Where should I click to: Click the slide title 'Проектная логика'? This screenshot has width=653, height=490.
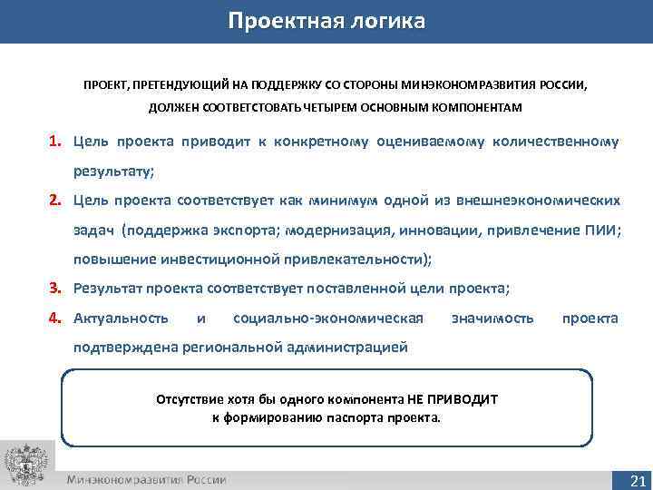326,21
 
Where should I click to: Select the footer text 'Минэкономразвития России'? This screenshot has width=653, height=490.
146,479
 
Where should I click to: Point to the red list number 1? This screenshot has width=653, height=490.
55,142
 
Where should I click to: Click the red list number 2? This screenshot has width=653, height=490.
55,200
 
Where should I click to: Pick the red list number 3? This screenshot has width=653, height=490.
55,289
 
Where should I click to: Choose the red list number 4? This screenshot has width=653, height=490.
55,318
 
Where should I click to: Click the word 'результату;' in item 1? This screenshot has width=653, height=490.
115,171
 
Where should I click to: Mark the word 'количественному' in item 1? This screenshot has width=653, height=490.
558,142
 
